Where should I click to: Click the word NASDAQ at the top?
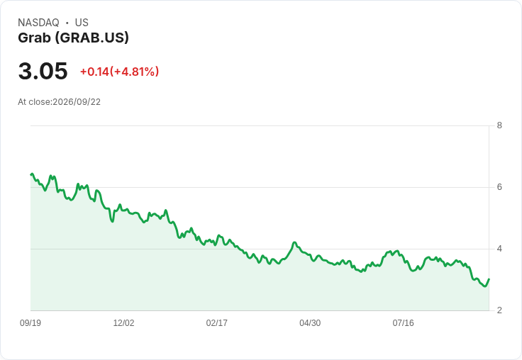click(x=38, y=23)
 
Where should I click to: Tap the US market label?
click(x=82, y=23)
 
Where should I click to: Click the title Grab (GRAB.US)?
click(x=73, y=38)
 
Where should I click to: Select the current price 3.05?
click(x=43, y=71)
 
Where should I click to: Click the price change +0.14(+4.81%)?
click(x=120, y=72)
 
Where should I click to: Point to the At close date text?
click(x=60, y=102)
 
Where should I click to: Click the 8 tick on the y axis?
click(x=499, y=125)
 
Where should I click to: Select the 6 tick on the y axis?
click(x=499, y=187)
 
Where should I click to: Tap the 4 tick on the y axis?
click(x=499, y=249)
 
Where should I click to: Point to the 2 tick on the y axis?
click(x=499, y=310)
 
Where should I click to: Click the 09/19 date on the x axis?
click(x=30, y=322)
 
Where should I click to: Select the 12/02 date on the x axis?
click(x=123, y=322)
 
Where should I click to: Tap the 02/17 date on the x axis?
click(x=217, y=322)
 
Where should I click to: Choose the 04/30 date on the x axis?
click(x=310, y=322)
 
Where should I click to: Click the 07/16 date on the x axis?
click(x=403, y=322)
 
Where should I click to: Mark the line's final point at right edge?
click(x=489, y=279)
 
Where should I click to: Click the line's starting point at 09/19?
click(x=31, y=174)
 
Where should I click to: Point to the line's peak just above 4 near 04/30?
click(x=294, y=242)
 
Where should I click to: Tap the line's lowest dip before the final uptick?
click(x=484, y=286)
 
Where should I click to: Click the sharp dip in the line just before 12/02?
click(x=113, y=221)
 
